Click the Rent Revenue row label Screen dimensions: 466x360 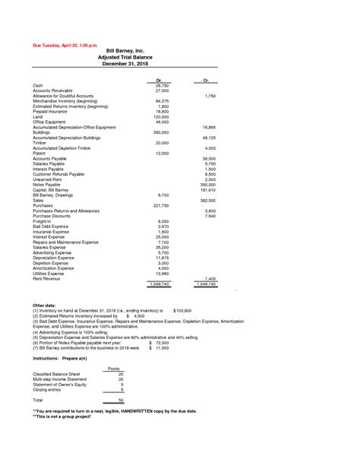tap(49, 279)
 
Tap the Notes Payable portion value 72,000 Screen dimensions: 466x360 tap(160, 343)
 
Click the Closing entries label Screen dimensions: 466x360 tap(50, 390)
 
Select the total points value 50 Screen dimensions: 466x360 tap(120, 400)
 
